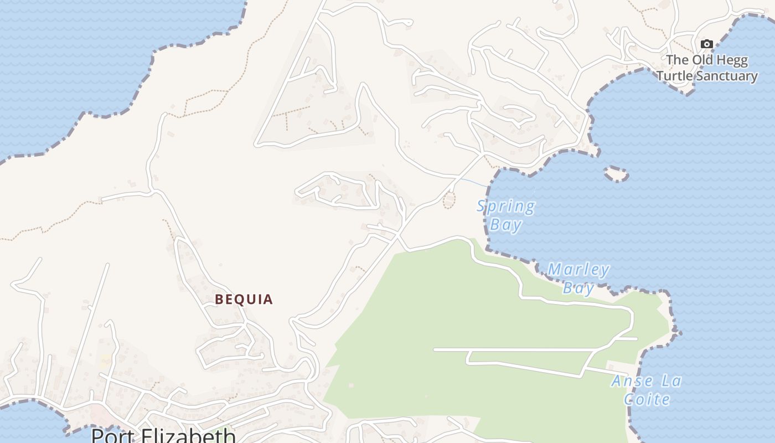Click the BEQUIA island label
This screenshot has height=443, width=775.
click(244, 300)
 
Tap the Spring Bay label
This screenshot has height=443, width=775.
click(506, 215)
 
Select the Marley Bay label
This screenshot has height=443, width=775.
click(578, 279)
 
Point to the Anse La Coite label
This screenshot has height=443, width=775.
click(647, 390)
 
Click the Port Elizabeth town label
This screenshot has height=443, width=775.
click(163, 435)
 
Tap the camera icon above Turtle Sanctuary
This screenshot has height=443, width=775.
click(706, 44)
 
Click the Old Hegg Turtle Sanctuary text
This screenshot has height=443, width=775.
click(707, 68)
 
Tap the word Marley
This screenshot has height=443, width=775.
click(578, 270)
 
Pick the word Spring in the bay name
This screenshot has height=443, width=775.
click(506, 207)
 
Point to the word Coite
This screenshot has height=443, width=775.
click(647, 399)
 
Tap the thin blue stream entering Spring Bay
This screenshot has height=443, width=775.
click(473, 182)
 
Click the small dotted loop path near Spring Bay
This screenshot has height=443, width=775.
click(449, 200)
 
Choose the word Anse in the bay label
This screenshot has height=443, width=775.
click(629, 381)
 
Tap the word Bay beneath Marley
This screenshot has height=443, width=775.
click(578, 288)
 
